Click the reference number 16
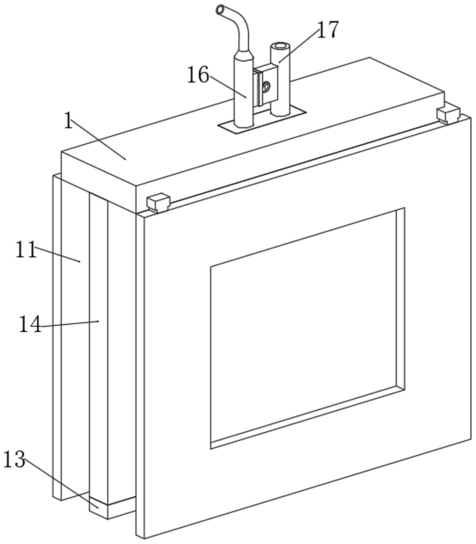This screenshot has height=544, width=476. (x=198, y=75)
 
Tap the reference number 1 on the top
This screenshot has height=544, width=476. (x=68, y=120)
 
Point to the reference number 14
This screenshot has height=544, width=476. (x=30, y=325)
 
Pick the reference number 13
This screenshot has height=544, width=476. (x=14, y=459)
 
